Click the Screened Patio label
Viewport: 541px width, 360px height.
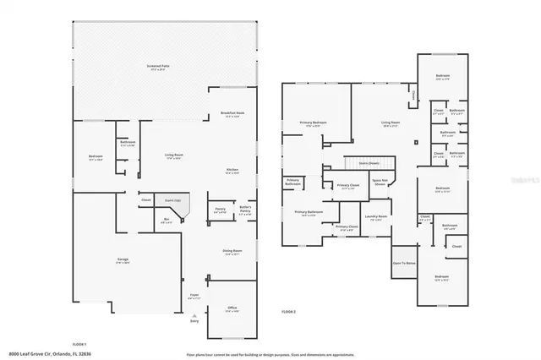click(x=154, y=67)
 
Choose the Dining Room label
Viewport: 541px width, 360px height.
click(x=232, y=251)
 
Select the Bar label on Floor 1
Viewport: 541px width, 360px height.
click(x=167, y=221)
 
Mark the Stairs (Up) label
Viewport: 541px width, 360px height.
click(x=194, y=200)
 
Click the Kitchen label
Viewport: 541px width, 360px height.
click(x=232, y=171)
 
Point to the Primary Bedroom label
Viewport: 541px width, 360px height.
click(x=312, y=124)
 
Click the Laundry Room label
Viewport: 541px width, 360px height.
click(x=376, y=217)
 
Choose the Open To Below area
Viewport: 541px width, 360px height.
click(x=404, y=263)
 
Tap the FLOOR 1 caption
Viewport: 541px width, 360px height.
click(x=80, y=345)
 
